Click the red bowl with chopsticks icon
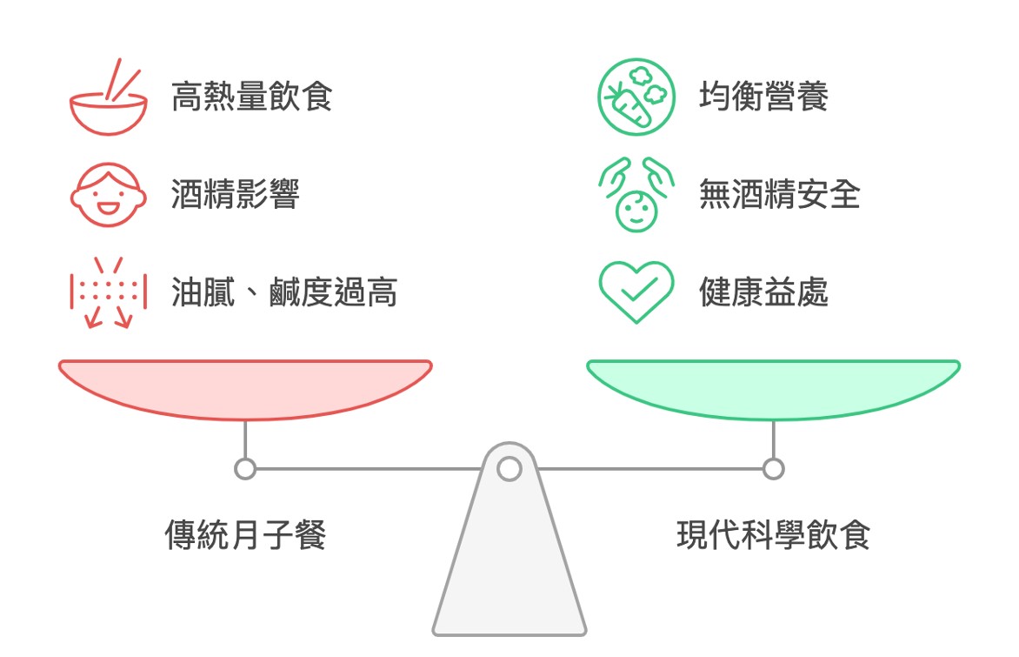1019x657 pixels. click(x=108, y=98)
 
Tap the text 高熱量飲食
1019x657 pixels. click(x=251, y=97)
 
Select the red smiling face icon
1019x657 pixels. click(x=108, y=195)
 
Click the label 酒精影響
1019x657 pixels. click(x=235, y=195)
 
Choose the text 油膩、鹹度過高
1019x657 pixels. click(x=283, y=293)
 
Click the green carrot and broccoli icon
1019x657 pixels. click(x=636, y=97)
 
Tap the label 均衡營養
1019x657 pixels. click(x=763, y=97)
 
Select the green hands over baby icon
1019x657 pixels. click(x=636, y=195)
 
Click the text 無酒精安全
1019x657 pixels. click(x=779, y=195)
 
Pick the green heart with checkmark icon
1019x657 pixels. click(x=636, y=292)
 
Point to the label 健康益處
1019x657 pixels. click(x=763, y=293)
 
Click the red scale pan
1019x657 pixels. click(x=245, y=387)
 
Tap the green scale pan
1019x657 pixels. click(x=773, y=387)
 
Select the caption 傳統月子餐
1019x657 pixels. click(x=245, y=534)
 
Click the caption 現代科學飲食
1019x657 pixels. click(x=773, y=534)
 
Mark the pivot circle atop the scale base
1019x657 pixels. click(x=509, y=469)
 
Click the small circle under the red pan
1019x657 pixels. click(x=245, y=469)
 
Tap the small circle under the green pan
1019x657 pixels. click(x=773, y=469)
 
